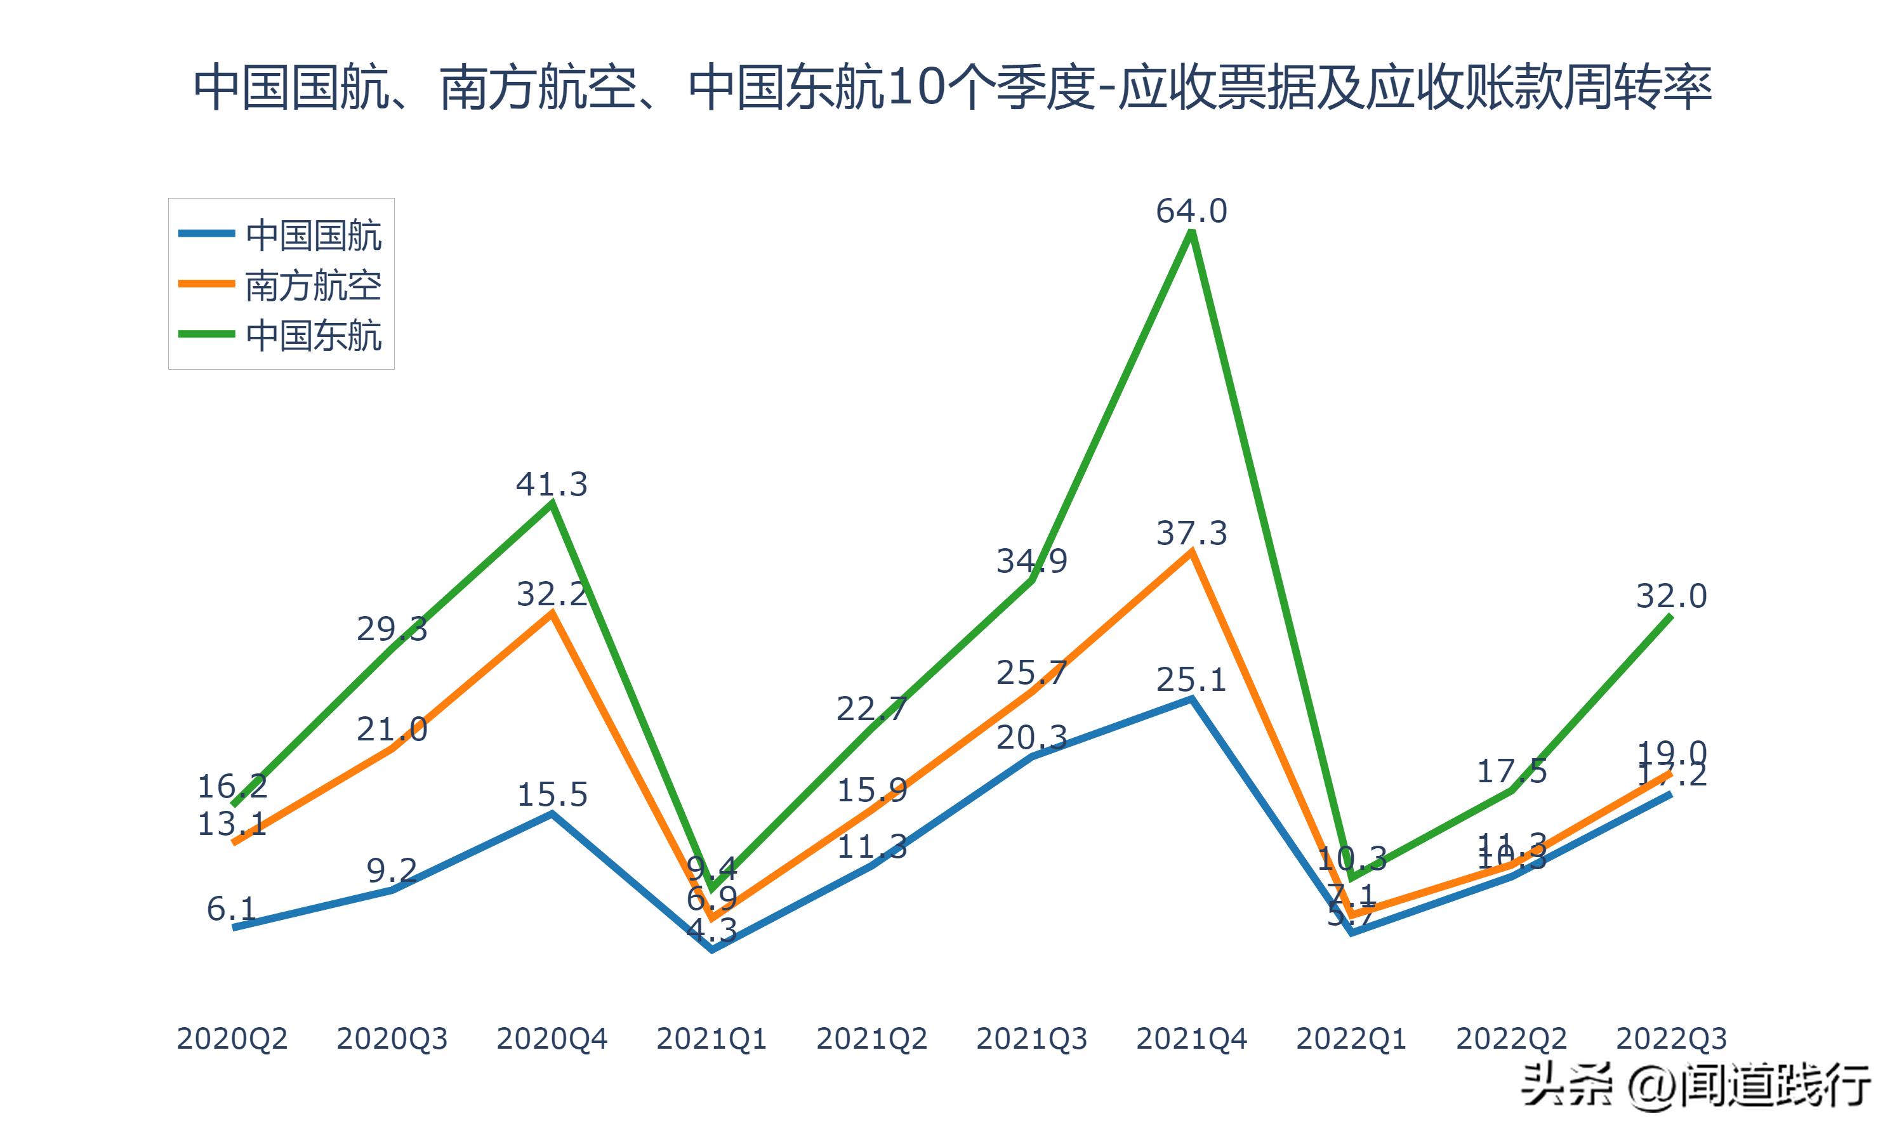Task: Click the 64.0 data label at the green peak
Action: pos(1191,211)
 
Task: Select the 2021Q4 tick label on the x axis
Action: pos(1191,1039)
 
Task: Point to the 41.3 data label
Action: pos(551,484)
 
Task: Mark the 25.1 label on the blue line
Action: pos(1191,680)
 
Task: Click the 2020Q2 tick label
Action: pos(232,1039)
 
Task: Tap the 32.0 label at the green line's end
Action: pos(1671,596)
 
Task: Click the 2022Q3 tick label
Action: pos(1671,1039)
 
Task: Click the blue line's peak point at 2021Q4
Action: pos(1191,699)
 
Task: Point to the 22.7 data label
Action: pos(871,709)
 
